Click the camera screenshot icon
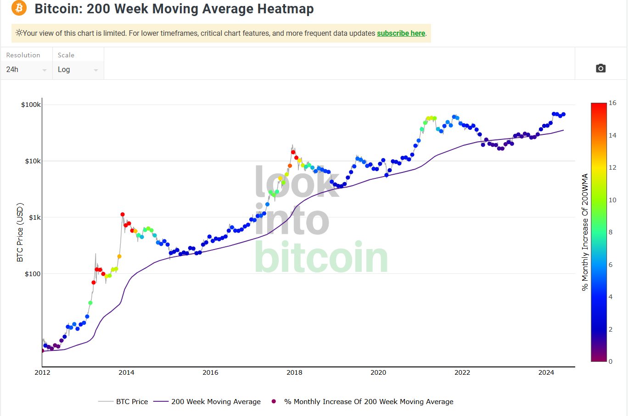(600, 68)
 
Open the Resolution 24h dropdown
(26, 70)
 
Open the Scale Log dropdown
(78, 70)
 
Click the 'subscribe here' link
(401, 33)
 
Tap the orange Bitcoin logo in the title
(19, 8)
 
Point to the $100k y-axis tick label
(31, 105)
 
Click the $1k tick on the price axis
(34, 217)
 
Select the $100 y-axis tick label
(33, 274)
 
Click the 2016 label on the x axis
(210, 372)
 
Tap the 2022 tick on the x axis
(462, 372)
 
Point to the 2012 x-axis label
(42, 372)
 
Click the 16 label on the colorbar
(612, 103)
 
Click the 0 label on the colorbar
(611, 361)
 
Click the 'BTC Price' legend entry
(132, 402)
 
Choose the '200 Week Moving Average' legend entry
(216, 402)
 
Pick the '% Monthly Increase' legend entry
(369, 402)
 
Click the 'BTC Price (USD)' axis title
(20, 233)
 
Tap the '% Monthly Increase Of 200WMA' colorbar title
(585, 232)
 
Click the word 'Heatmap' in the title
(285, 9)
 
